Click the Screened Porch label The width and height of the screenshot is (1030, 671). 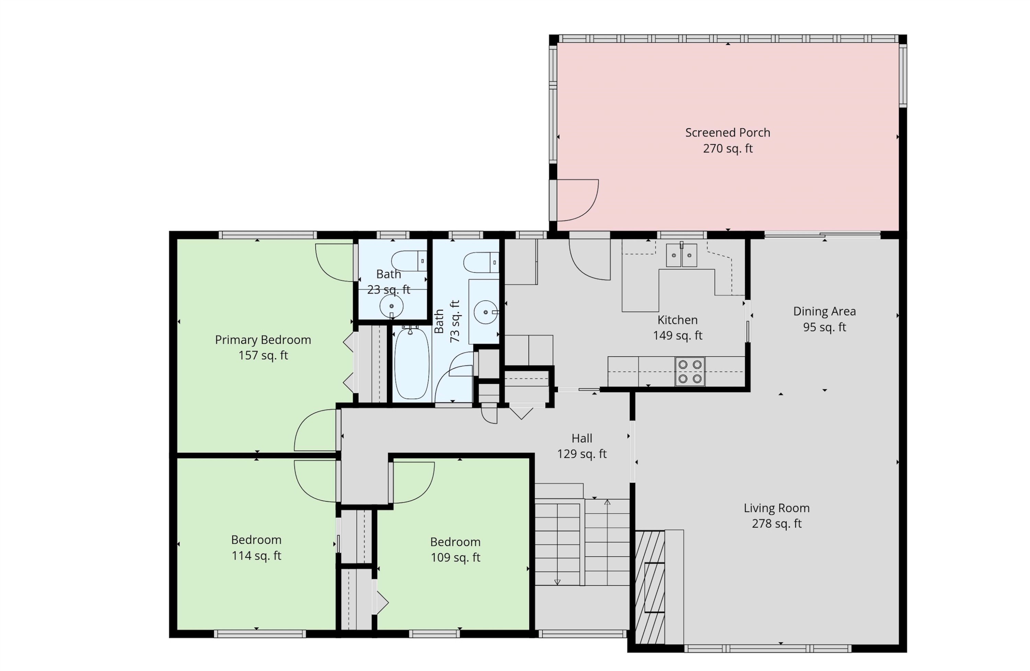click(x=728, y=132)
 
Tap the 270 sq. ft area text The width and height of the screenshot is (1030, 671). click(x=728, y=148)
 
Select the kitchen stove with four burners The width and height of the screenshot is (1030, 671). click(x=690, y=371)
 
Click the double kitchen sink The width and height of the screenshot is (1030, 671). click(x=681, y=255)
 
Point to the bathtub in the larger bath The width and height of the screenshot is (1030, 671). click(x=412, y=363)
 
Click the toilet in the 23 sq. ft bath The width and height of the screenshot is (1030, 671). click(x=409, y=261)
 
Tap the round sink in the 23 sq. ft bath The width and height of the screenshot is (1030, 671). click(x=391, y=306)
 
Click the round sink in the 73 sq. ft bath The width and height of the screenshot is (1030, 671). click(x=485, y=312)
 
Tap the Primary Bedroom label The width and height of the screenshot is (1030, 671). click(x=263, y=339)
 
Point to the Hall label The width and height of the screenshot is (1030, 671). click(x=582, y=438)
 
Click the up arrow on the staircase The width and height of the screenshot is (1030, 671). click(x=607, y=503)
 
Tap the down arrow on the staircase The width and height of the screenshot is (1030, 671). click(x=558, y=582)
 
